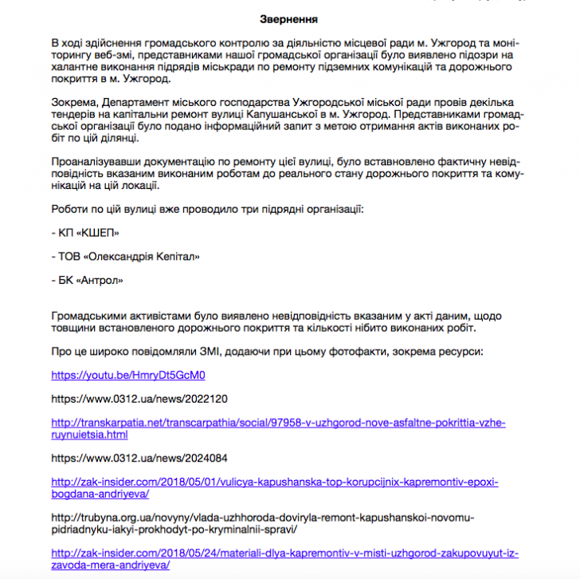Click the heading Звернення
(289, 18)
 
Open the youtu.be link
(127, 375)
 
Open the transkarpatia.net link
(278, 423)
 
